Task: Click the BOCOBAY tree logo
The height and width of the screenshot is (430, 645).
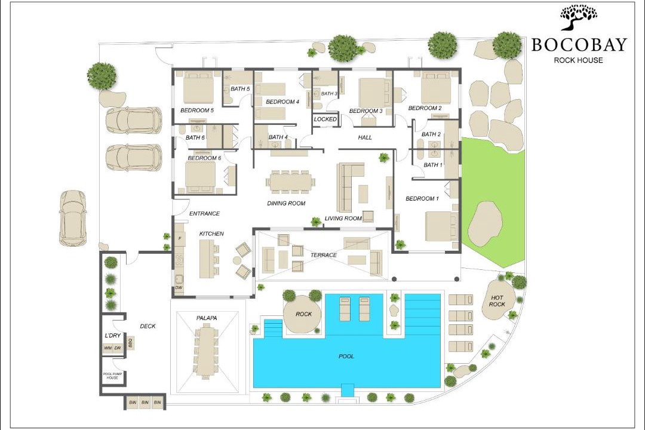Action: point(578,17)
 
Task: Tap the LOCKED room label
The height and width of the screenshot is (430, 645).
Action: point(325,119)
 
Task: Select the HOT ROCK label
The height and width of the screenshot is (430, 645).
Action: point(497,301)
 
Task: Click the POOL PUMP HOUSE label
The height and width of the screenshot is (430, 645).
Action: point(113,376)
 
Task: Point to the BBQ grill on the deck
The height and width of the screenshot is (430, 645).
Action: point(131,342)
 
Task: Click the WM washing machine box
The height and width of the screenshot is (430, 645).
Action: point(107,348)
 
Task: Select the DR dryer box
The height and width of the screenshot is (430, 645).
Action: point(118,348)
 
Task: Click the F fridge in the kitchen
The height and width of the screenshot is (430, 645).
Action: point(180,239)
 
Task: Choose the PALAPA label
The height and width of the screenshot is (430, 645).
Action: point(207,318)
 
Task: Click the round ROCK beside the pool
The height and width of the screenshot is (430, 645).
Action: point(303,314)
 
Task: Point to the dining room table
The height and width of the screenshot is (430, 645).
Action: point(291,182)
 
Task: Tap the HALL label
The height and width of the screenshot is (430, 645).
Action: point(365,137)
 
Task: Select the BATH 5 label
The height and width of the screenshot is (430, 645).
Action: point(240,88)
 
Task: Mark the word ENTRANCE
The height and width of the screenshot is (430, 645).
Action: point(204,214)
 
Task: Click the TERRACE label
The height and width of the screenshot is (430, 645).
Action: point(323,255)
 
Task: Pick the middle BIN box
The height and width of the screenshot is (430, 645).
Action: point(145,402)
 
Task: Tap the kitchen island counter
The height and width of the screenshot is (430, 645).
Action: point(207,259)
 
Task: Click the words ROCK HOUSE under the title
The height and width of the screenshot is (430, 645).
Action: point(578,60)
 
